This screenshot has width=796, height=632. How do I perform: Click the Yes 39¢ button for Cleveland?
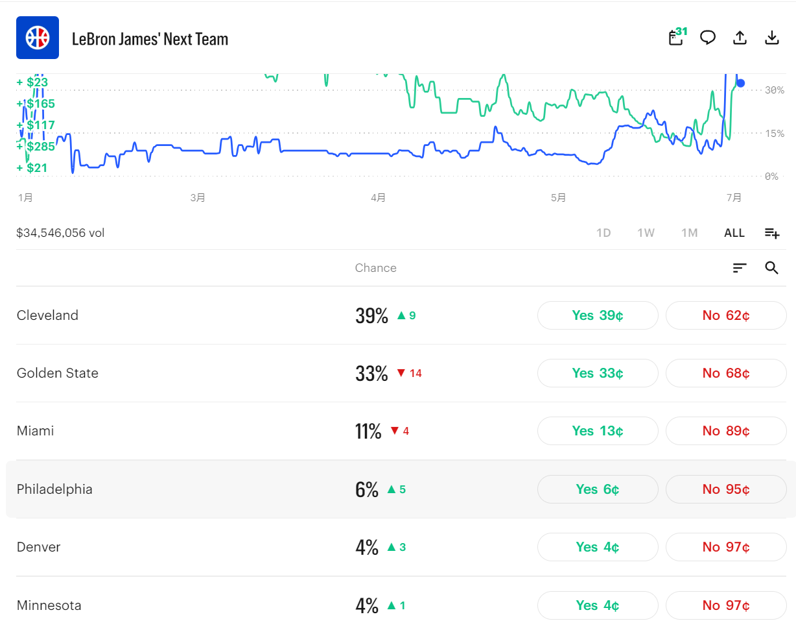pyautogui.click(x=598, y=315)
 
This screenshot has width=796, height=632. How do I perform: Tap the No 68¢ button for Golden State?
pyautogui.click(x=726, y=373)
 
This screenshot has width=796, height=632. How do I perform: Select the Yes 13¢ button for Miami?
pyautogui.click(x=598, y=431)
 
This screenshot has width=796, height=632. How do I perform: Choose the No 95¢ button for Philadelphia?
pyautogui.click(x=726, y=489)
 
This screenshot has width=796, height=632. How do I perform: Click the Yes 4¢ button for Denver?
pyautogui.click(x=598, y=547)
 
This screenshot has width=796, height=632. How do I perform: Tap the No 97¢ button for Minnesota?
pyautogui.click(x=726, y=605)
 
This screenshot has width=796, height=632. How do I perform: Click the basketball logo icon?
pyautogui.click(x=38, y=38)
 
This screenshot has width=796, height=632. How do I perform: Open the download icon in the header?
pyautogui.click(x=771, y=38)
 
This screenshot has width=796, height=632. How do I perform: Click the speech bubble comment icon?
pyautogui.click(x=708, y=38)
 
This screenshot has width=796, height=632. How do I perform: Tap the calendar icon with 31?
pyautogui.click(x=677, y=37)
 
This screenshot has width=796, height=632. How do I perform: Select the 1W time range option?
pyautogui.click(x=646, y=233)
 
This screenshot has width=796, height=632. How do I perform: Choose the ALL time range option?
pyautogui.click(x=734, y=233)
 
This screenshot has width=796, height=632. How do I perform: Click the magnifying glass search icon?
pyautogui.click(x=771, y=268)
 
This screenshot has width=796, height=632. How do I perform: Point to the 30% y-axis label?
pyautogui.click(x=775, y=90)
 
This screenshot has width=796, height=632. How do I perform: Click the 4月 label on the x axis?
pyautogui.click(x=378, y=198)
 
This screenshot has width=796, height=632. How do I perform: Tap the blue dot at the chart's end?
pyautogui.click(x=740, y=83)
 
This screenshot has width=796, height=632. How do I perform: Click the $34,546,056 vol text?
pyautogui.click(x=60, y=233)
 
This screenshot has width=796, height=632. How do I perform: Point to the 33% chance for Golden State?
pyautogui.click(x=371, y=373)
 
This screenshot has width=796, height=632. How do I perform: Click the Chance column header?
pyautogui.click(x=375, y=268)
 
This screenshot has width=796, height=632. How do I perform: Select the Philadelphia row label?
pyautogui.click(x=54, y=489)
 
